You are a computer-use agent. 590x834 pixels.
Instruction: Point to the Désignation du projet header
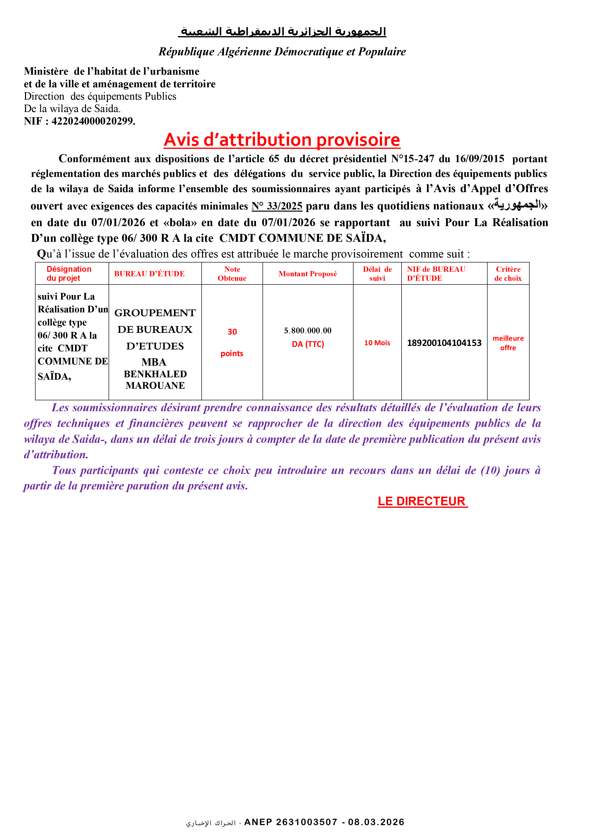[x=69, y=273]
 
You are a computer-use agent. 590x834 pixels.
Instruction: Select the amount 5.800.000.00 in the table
[x=308, y=330]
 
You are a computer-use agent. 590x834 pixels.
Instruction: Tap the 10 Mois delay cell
[x=377, y=343]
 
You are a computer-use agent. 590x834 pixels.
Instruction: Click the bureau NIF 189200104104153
[x=444, y=343]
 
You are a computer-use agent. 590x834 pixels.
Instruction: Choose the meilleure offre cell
[x=508, y=343]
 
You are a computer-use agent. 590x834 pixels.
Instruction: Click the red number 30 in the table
[x=232, y=332]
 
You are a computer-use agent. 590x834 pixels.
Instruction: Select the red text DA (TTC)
[x=308, y=344]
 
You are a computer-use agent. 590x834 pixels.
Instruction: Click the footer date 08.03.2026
[x=376, y=822]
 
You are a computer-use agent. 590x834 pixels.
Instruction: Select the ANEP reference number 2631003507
[x=307, y=822]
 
